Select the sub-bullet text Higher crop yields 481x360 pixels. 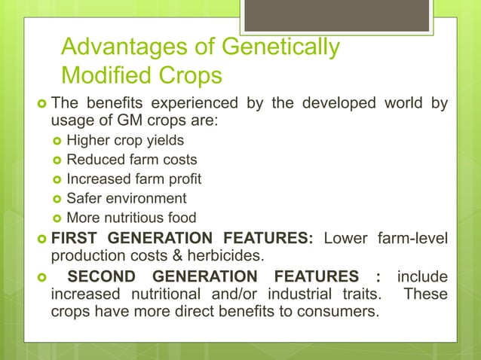pos(124,140)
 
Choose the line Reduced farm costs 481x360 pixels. pos(132,160)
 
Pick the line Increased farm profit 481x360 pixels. pos(134,179)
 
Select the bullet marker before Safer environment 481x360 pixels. pos(56,200)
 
